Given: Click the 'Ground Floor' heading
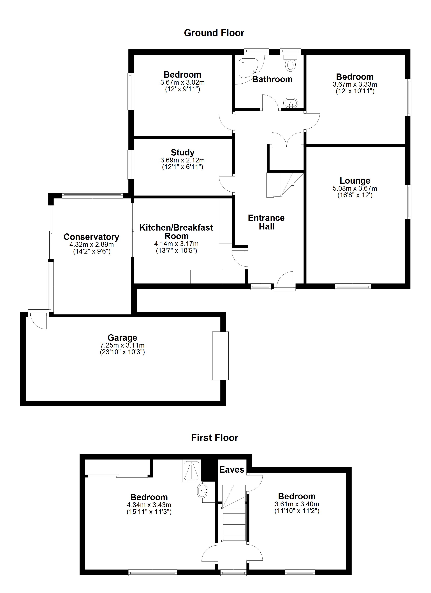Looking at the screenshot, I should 214,33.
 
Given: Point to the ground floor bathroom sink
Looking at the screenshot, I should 290,103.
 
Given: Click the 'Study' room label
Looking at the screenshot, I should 182,152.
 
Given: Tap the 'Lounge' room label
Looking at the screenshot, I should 355,181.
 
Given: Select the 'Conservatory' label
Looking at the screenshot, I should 91,237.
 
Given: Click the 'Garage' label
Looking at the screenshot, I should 122,338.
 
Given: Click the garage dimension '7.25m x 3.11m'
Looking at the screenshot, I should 122,345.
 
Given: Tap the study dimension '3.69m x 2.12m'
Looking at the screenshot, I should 182,160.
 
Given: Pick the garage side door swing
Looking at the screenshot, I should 38,320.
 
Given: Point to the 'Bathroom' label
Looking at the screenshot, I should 272,79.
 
